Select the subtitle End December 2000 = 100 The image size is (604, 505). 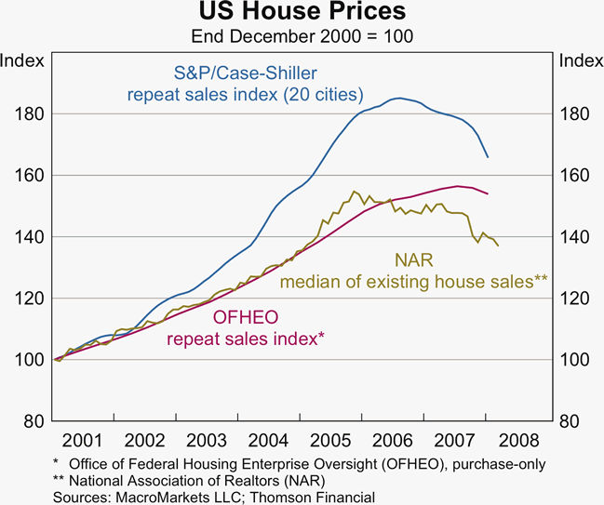[x=302, y=37]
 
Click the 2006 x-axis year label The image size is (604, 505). [x=395, y=439]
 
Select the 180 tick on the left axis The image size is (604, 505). [x=28, y=113]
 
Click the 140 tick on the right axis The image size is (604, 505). [x=574, y=237]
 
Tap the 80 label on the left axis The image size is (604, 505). [x=32, y=421]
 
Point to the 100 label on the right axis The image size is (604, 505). [x=574, y=360]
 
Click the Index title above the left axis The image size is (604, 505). [x=23, y=61]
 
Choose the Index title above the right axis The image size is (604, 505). [x=579, y=61]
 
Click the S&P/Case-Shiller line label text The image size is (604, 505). [x=245, y=73]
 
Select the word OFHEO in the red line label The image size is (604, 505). [x=246, y=318]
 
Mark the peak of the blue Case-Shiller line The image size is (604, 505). [x=398, y=98]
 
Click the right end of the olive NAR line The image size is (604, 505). [x=498, y=246]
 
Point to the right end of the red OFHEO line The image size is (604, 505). [x=488, y=193]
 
